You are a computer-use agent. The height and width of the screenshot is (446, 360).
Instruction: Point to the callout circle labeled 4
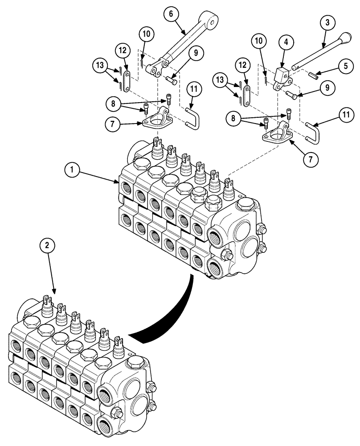(x=286, y=42)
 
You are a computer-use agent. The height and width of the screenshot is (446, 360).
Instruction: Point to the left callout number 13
(x=100, y=65)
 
